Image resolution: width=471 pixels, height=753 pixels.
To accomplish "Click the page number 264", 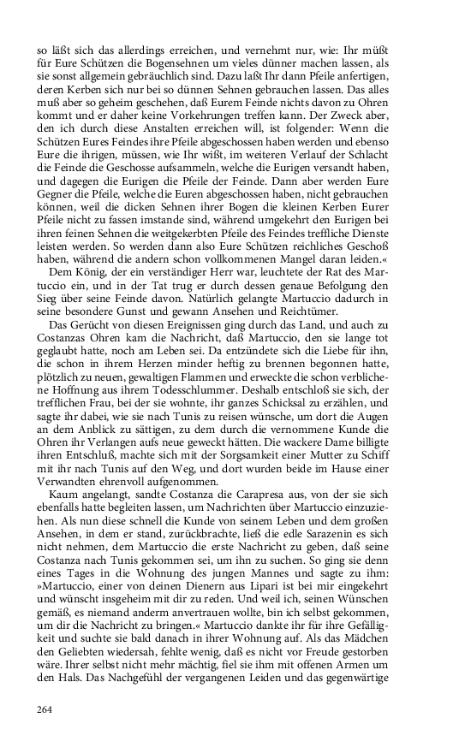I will tap(45, 709).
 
